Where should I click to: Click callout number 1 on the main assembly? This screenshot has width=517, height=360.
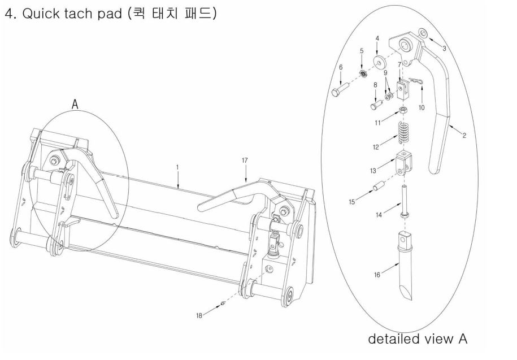(177, 167)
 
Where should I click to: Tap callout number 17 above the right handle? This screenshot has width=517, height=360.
(245, 161)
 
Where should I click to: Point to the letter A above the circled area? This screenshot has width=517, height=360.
(75, 104)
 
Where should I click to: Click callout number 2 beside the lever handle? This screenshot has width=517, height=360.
(464, 136)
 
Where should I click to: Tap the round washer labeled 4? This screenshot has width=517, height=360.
(378, 60)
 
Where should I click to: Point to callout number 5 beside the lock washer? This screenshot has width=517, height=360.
(362, 51)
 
